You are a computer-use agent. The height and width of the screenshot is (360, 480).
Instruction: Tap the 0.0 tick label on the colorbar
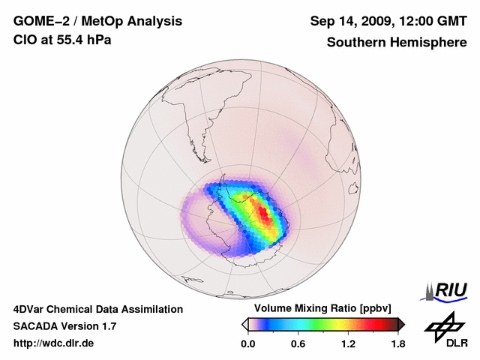[x=247, y=344]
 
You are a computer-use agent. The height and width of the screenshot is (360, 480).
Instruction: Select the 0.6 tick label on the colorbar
[x=298, y=344]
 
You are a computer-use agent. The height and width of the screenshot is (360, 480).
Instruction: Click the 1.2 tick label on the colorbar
[x=348, y=344]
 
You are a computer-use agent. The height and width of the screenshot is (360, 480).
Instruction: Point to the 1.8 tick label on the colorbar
[x=398, y=344]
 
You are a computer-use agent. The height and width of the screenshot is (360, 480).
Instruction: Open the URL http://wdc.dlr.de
[x=54, y=344]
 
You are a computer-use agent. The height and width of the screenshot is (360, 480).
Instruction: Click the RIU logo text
[x=448, y=289]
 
